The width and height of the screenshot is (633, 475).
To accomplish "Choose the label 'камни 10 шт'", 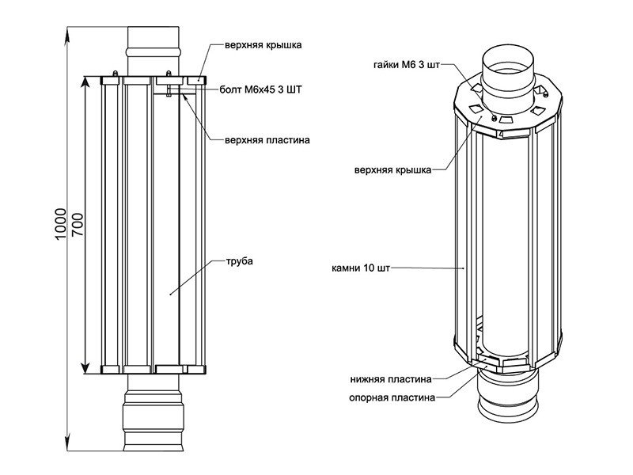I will click(360, 268).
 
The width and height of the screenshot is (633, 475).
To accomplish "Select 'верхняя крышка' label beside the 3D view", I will click(393, 169).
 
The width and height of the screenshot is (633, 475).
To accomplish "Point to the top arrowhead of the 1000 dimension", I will click(69, 30).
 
